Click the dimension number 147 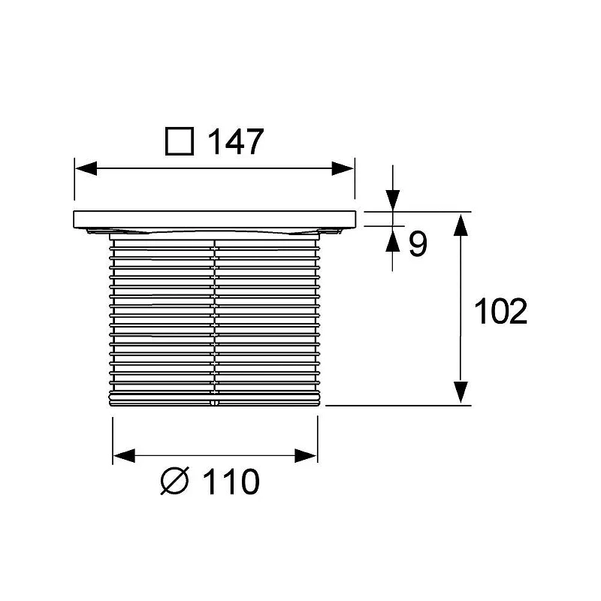coord(235,141)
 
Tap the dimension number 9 coord(418,244)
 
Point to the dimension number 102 coord(500,311)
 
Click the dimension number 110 coord(231,482)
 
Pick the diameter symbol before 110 coord(175,481)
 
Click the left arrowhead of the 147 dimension coord(86,168)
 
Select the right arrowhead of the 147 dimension coord(343,168)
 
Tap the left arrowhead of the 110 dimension coord(124,456)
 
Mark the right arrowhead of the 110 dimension coord(306,456)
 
